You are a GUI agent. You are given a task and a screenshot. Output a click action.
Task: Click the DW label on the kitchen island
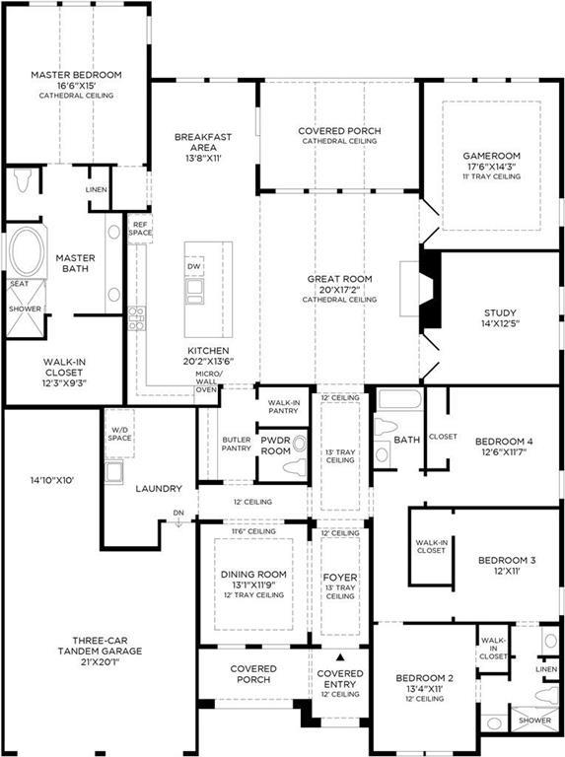[x=194, y=267]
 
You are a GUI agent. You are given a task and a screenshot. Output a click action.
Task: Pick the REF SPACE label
[x=141, y=229]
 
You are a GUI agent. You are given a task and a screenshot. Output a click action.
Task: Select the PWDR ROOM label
[x=275, y=445]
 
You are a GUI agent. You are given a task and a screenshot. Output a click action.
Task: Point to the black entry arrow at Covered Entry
[x=340, y=656]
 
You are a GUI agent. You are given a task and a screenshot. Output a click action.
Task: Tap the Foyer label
[x=340, y=577]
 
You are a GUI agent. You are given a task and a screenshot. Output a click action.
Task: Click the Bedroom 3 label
[x=507, y=560]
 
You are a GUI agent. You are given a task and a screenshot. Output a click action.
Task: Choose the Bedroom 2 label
[x=424, y=679]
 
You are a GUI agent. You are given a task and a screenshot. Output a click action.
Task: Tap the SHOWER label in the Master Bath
[x=26, y=309]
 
